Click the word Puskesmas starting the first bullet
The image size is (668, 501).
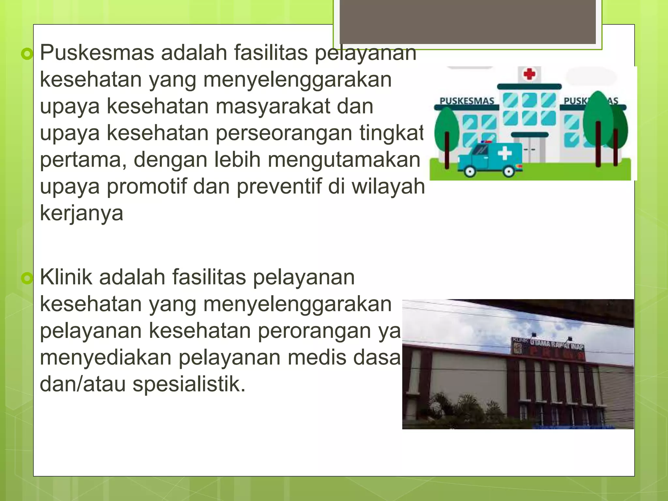tap(97, 53)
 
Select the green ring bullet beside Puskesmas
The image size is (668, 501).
tap(27, 54)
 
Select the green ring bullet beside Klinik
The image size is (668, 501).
tap(27, 279)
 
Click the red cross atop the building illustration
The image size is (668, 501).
tap(529, 74)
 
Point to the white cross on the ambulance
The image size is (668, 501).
tap(505, 153)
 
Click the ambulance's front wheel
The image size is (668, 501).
tap(470, 171)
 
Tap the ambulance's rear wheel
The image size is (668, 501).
tap(509, 171)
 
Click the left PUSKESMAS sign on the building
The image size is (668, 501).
tap(467, 101)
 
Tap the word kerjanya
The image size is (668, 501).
tap(82, 214)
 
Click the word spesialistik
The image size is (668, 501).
tap(189, 384)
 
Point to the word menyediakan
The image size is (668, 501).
tap(105, 357)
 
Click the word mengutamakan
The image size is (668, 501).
tap(344, 160)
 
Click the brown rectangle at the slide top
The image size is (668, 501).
tap(467, 22)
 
